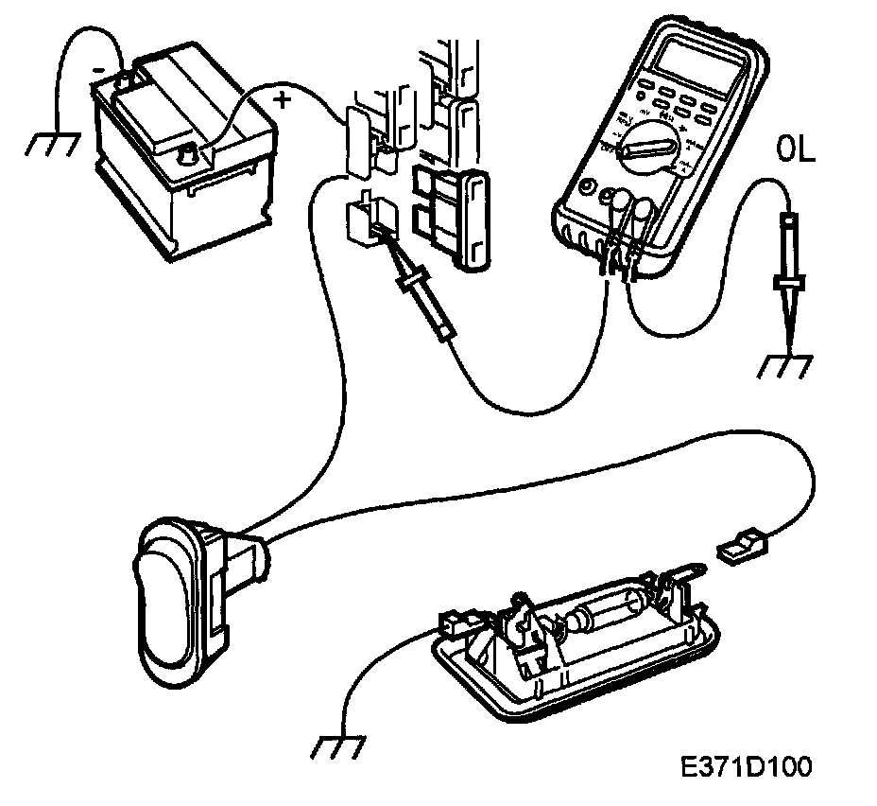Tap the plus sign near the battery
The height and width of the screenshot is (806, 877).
coord(282,96)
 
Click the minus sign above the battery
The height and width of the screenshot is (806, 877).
coord(97,69)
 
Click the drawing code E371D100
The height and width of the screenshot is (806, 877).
coord(744,764)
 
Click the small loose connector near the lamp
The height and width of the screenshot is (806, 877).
coord(742,548)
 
